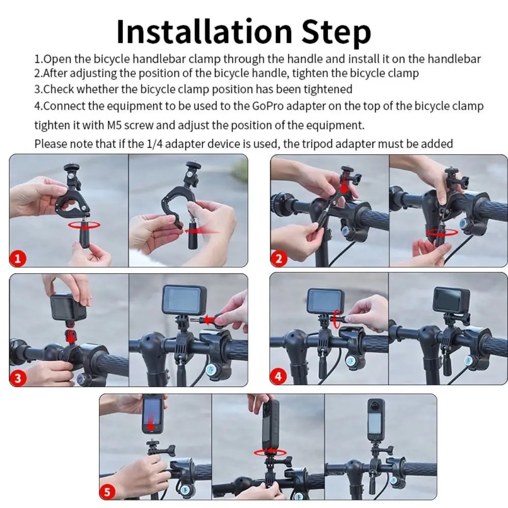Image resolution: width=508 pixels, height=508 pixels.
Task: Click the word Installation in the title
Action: (x=205, y=31)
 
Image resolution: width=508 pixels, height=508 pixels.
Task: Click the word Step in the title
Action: (x=336, y=34)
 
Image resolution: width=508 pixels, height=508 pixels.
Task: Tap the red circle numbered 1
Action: (x=17, y=259)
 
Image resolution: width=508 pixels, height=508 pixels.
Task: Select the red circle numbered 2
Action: (x=278, y=259)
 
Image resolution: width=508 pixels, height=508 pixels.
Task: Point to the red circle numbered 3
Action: (x=17, y=378)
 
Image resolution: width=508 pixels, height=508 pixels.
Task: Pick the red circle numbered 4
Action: (x=278, y=377)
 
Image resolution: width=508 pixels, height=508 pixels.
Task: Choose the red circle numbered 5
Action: (x=107, y=492)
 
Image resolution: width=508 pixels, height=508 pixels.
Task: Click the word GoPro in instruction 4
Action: (x=268, y=106)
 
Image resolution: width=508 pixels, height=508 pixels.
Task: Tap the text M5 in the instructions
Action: (x=114, y=125)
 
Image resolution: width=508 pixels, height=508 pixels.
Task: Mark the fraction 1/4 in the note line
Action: (x=154, y=144)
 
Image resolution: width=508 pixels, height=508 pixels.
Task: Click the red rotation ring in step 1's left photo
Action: (x=84, y=225)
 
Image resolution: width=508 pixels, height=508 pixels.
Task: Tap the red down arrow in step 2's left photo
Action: (x=344, y=186)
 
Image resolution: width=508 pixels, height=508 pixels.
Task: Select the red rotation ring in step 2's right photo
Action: (x=441, y=232)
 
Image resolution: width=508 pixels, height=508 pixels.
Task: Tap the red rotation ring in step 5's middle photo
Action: (x=270, y=453)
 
